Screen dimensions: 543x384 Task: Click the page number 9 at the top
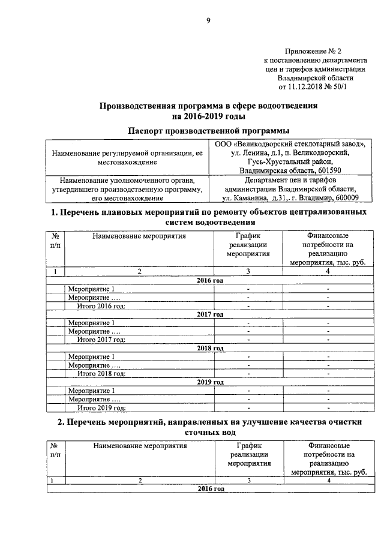pos(208,21)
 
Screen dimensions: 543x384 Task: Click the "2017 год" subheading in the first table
pos(210,314)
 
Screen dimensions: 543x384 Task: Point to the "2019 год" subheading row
pos(210,382)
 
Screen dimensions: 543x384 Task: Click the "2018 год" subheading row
pos(210,348)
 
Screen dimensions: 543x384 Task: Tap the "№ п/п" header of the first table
pos(55,241)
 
